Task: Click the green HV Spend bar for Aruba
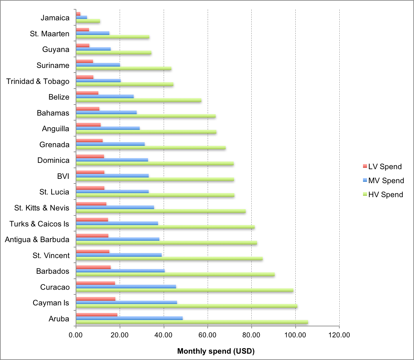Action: (192, 322)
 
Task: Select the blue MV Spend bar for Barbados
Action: (120, 271)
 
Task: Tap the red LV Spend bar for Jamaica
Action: (78, 14)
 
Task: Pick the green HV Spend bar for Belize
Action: (138, 100)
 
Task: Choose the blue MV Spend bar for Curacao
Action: (126, 287)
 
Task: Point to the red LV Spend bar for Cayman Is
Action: (95, 299)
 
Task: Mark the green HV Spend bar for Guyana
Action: (113, 53)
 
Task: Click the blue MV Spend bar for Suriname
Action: (98, 65)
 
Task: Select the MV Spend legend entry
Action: (383, 180)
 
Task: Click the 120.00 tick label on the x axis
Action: (339, 335)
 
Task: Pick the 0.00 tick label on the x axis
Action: (76, 335)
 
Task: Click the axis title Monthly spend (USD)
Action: (216, 351)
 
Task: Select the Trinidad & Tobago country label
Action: (38, 81)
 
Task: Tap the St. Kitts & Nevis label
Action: (42, 208)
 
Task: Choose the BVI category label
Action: (63, 176)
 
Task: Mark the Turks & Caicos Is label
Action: (39, 224)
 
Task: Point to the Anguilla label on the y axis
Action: (55, 129)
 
